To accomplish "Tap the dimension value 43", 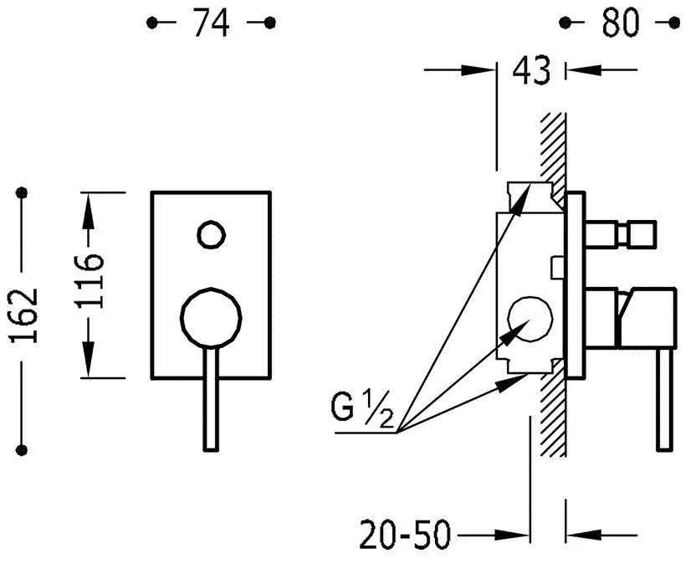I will pyautogui.click(x=532, y=72).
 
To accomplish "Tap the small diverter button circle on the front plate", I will pyautogui.click(x=212, y=233).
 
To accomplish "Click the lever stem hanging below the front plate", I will pyautogui.click(x=212, y=402).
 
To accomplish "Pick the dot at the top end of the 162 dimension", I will pyautogui.click(x=23, y=193).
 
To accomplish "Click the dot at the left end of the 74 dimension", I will pyautogui.click(x=151, y=23).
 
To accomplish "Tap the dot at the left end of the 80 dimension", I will pyautogui.click(x=565, y=23).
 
